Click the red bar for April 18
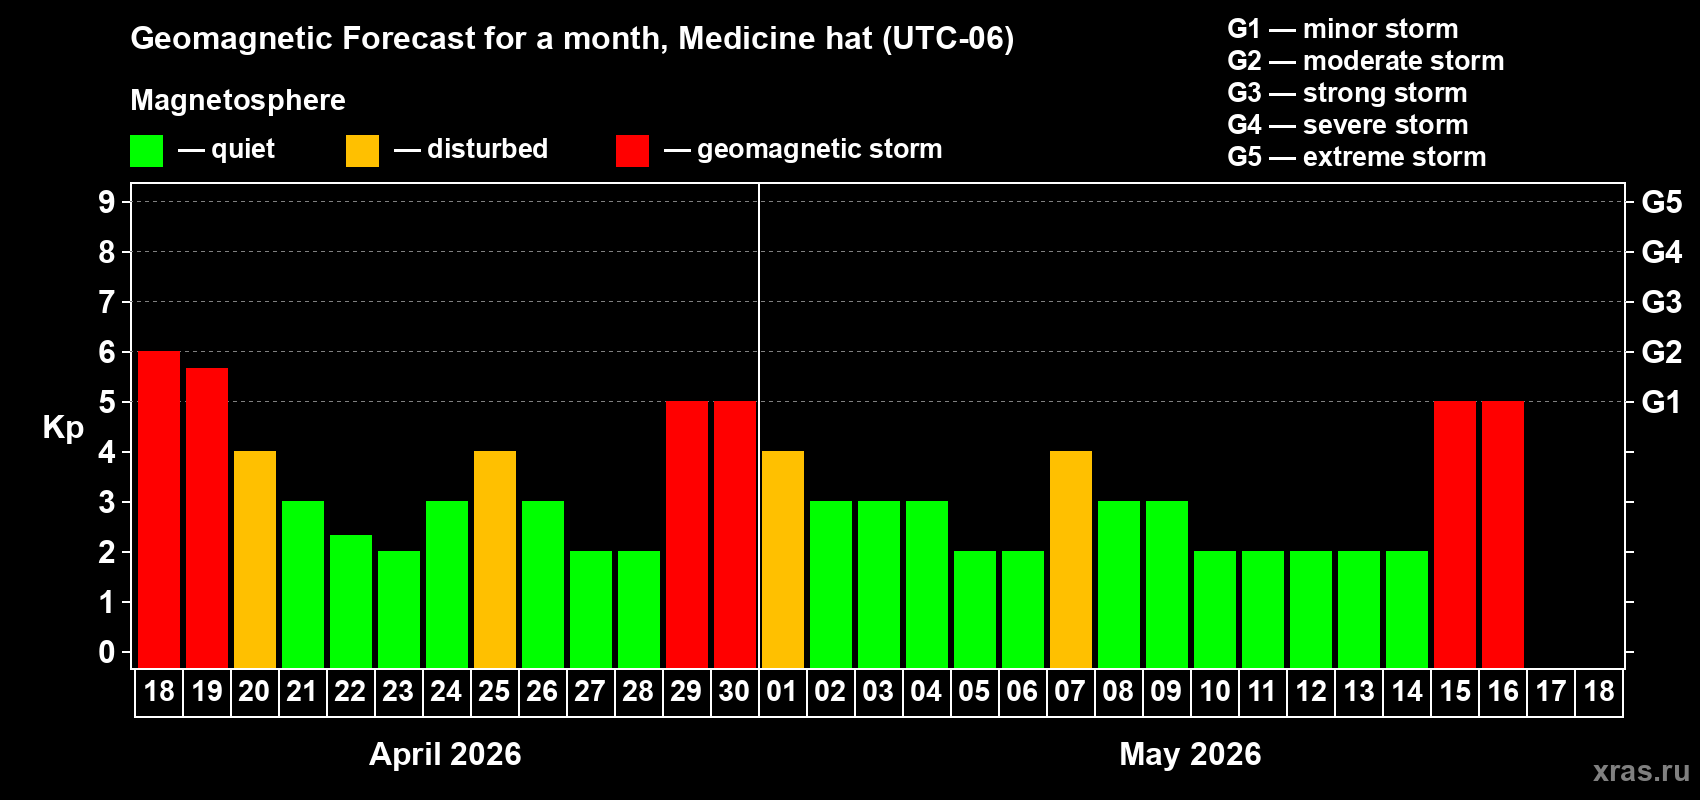point(159,509)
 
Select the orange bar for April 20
point(255,559)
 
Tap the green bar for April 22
point(351,601)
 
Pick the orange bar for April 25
point(495,559)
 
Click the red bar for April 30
point(735,534)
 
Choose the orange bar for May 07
point(1071,559)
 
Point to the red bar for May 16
point(1503,534)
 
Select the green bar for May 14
point(1407,609)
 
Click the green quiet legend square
point(147,151)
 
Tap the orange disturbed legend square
point(363,151)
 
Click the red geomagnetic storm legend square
point(632,151)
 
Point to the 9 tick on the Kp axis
point(107,202)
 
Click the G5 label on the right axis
point(1661,202)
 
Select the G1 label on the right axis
point(1661,402)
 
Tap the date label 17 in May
point(1551,691)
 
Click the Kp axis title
point(63,427)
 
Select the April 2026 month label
point(445,753)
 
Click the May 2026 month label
point(1190,753)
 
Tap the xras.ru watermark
point(1641,771)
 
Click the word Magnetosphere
point(238,100)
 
